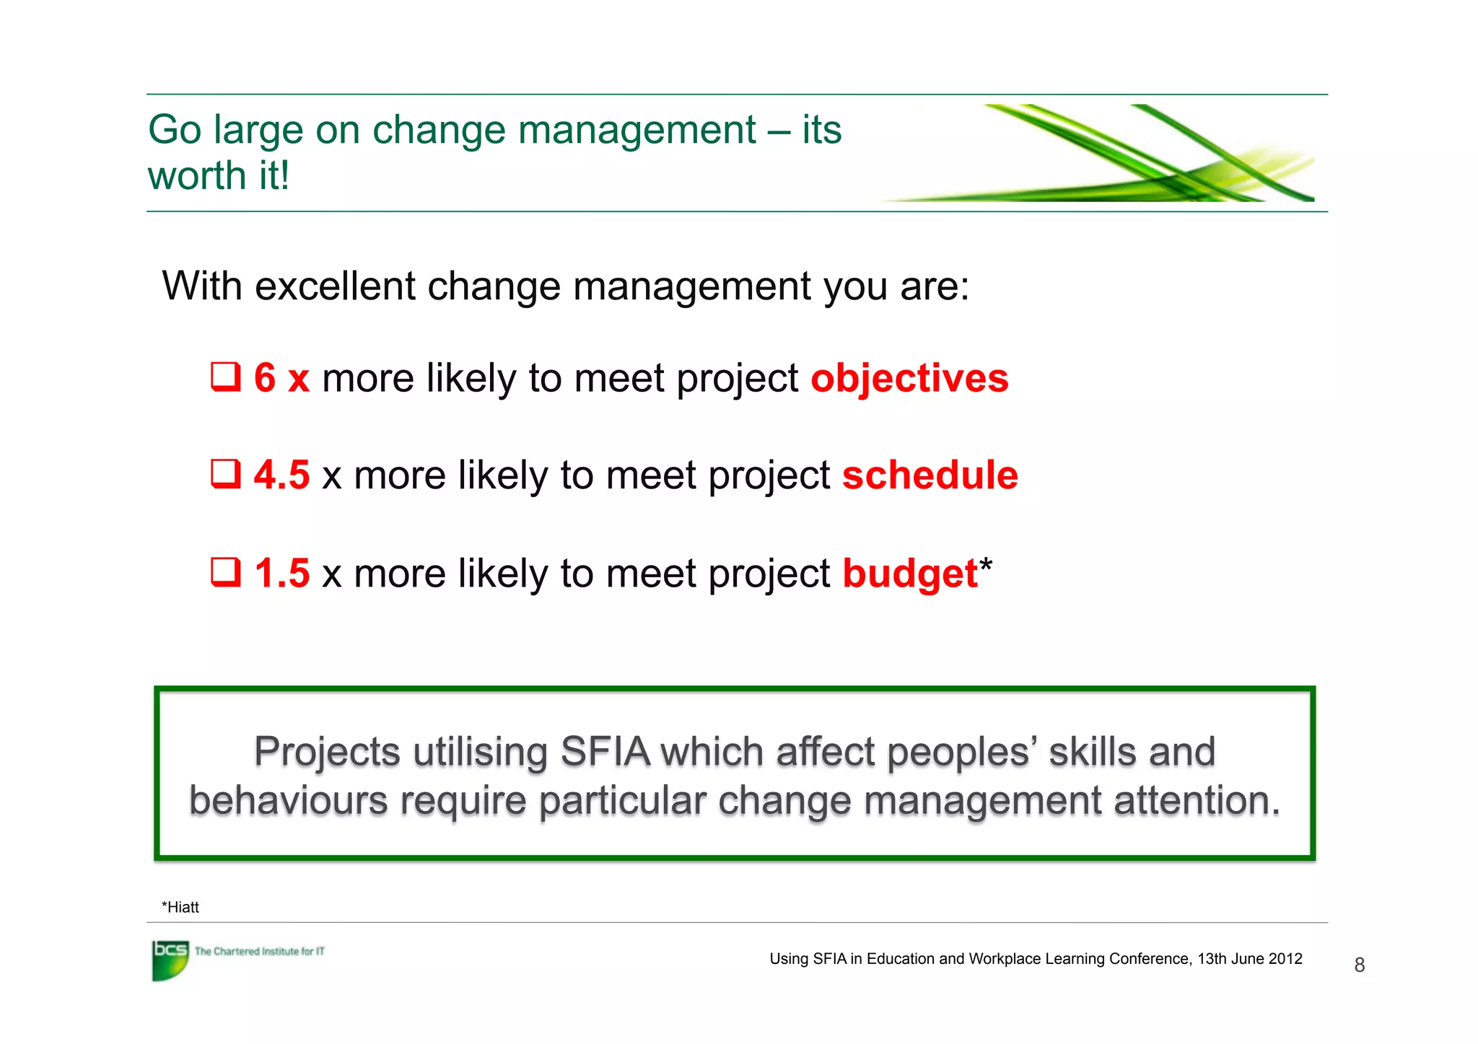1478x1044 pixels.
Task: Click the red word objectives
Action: [909, 379]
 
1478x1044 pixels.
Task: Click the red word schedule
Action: [930, 475]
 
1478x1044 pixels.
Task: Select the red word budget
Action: [909, 574]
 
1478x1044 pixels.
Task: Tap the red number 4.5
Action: [281, 475]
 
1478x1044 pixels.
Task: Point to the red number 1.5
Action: [281, 574]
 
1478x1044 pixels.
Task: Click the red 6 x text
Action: [281, 378]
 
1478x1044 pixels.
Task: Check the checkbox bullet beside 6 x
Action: [225, 377]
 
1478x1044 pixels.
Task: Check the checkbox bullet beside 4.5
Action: [225, 474]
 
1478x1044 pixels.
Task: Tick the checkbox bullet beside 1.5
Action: [225, 572]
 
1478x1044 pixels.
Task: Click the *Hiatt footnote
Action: [180, 908]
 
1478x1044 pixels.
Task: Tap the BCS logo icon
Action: [170, 960]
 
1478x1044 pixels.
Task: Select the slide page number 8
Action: [1359, 965]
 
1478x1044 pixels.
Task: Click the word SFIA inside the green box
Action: [605, 753]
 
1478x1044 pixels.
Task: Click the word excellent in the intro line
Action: [335, 286]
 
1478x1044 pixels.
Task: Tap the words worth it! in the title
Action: [219, 176]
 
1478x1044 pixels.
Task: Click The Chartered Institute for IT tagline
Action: [259, 952]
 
